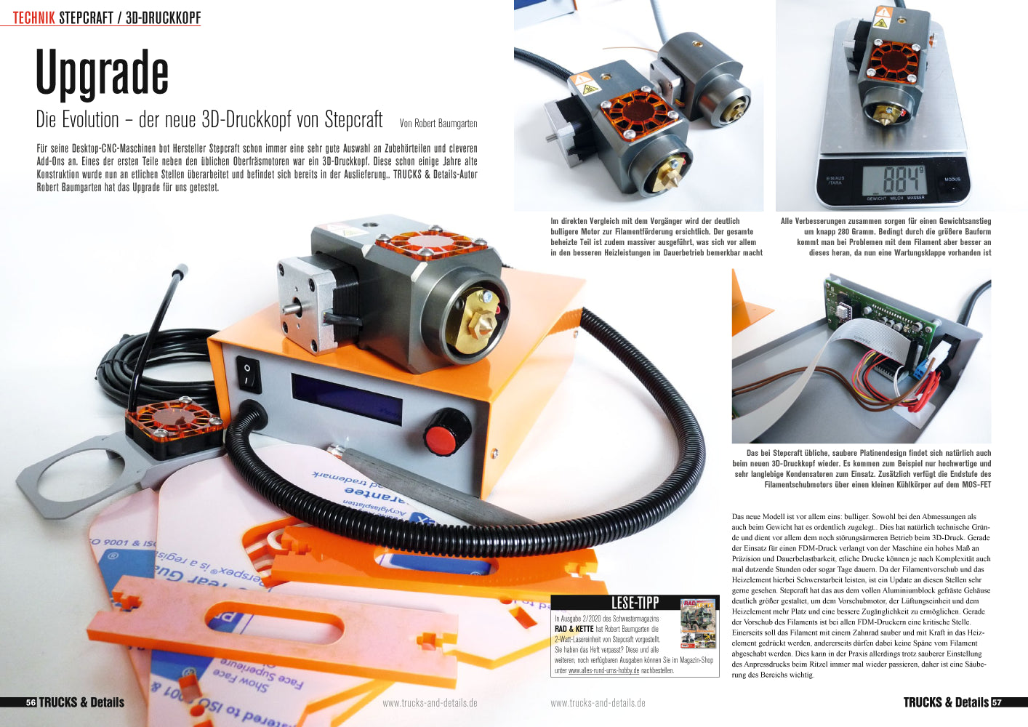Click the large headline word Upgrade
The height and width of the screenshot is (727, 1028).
click(x=103, y=73)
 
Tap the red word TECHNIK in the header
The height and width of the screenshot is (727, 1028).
click(x=34, y=17)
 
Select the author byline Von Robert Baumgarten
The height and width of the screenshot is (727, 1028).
click(x=438, y=123)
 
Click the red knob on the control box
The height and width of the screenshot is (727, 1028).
click(x=441, y=438)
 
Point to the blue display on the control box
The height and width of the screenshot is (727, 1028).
click(x=347, y=398)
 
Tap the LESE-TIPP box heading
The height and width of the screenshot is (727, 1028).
click(x=635, y=602)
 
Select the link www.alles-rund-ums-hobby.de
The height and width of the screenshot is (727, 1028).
click(x=603, y=670)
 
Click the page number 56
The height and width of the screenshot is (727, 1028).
click(x=31, y=703)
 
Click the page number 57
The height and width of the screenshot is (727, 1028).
click(x=996, y=703)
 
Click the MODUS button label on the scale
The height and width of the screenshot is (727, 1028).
click(x=952, y=180)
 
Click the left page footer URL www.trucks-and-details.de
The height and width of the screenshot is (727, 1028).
click(x=430, y=703)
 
